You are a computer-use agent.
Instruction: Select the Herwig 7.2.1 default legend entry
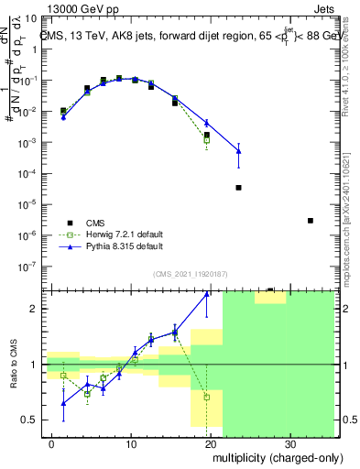pos(120,234)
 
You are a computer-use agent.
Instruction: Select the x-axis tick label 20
pos(211,442)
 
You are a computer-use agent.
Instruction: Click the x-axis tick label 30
pos(290,442)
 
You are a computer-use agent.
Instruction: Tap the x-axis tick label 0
pos(52,442)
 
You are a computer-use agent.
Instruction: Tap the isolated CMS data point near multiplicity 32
pos(311,221)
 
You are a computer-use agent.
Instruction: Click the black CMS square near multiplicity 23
pos(238,187)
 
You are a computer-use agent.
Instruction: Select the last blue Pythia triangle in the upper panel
pos(238,150)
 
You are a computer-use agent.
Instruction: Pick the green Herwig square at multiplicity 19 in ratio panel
pos(207,398)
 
